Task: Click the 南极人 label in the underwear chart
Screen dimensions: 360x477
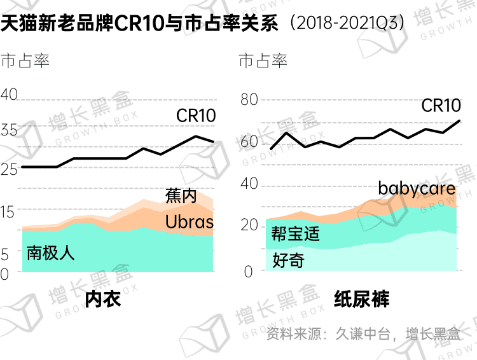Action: [x=51, y=253]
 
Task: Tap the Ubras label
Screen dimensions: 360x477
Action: [x=190, y=222]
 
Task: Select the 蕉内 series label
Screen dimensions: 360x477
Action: [x=181, y=196]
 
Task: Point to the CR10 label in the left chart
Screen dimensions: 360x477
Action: [x=196, y=116]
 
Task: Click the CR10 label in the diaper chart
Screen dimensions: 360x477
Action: [x=441, y=106]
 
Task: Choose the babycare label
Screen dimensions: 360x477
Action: [x=417, y=188]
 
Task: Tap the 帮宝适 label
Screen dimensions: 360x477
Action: [x=296, y=233]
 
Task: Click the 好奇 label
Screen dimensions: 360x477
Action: [x=288, y=260]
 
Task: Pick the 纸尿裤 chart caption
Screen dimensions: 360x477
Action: [x=361, y=300]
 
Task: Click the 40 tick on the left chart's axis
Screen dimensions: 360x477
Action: [x=9, y=95]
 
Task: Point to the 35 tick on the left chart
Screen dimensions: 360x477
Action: [x=9, y=130]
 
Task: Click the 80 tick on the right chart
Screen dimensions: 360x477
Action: [x=249, y=99]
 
